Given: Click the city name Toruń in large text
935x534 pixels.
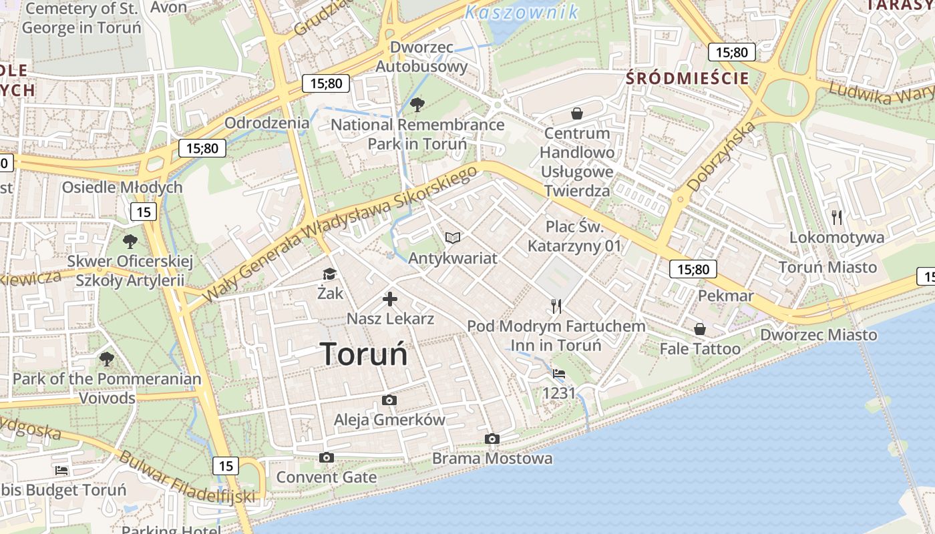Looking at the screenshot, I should (x=364, y=354).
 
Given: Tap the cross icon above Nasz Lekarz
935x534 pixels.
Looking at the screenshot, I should (x=390, y=299).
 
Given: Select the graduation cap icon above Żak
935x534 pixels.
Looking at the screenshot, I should (x=329, y=274).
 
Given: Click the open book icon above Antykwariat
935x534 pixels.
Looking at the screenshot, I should (x=453, y=238).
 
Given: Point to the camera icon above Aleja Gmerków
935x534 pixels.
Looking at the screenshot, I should (x=389, y=400).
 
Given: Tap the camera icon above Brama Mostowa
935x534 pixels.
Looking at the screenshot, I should (x=492, y=439).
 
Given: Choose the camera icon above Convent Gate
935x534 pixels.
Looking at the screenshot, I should (x=326, y=457).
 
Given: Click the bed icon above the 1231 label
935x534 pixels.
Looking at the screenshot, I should (x=559, y=374).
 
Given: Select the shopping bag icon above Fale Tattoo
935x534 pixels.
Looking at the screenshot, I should (x=699, y=329).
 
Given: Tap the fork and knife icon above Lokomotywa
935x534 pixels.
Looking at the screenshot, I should (x=836, y=217).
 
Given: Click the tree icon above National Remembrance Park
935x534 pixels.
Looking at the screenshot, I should (x=417, y=104).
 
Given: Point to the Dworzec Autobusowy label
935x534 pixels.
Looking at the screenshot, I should (x=421, y=57).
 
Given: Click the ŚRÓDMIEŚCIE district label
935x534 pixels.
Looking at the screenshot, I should (x=687, y=78).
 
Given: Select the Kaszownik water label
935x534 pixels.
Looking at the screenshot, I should (x=522, y=12).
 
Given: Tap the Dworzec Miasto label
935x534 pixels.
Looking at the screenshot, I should (x=819, y=334).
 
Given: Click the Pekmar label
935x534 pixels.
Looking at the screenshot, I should (x=725, y=296).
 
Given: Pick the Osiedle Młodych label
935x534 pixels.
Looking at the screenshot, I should (x=122, y=188).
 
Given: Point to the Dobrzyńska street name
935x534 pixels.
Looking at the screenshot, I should (x=722, y=156).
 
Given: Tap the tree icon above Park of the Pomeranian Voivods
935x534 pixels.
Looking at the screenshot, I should (x=106, y=359).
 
